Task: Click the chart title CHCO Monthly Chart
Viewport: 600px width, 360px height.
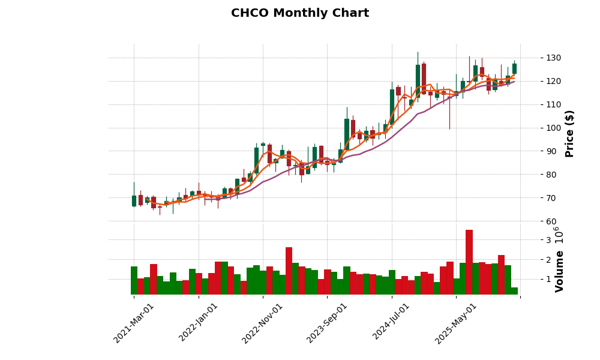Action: (300, 13)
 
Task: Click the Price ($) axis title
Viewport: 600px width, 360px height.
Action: (570, 133)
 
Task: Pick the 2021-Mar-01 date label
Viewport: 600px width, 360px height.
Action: (134, 323)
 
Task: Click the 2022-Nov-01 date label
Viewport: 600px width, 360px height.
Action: (263, 323)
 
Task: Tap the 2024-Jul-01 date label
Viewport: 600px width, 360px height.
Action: (391, 323)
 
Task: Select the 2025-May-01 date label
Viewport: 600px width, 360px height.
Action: (456, 323)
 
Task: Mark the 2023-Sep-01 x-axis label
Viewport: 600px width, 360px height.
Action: (327, 323)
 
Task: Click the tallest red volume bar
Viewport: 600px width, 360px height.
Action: (469, 262)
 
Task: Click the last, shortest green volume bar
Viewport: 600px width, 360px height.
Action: (514, 291)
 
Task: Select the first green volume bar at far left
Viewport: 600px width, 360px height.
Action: (134, 281)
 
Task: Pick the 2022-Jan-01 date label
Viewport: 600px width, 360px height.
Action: (199, 323)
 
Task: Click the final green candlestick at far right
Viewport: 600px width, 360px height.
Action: (514, 68)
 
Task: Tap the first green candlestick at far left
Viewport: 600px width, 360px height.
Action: (134, 201)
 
